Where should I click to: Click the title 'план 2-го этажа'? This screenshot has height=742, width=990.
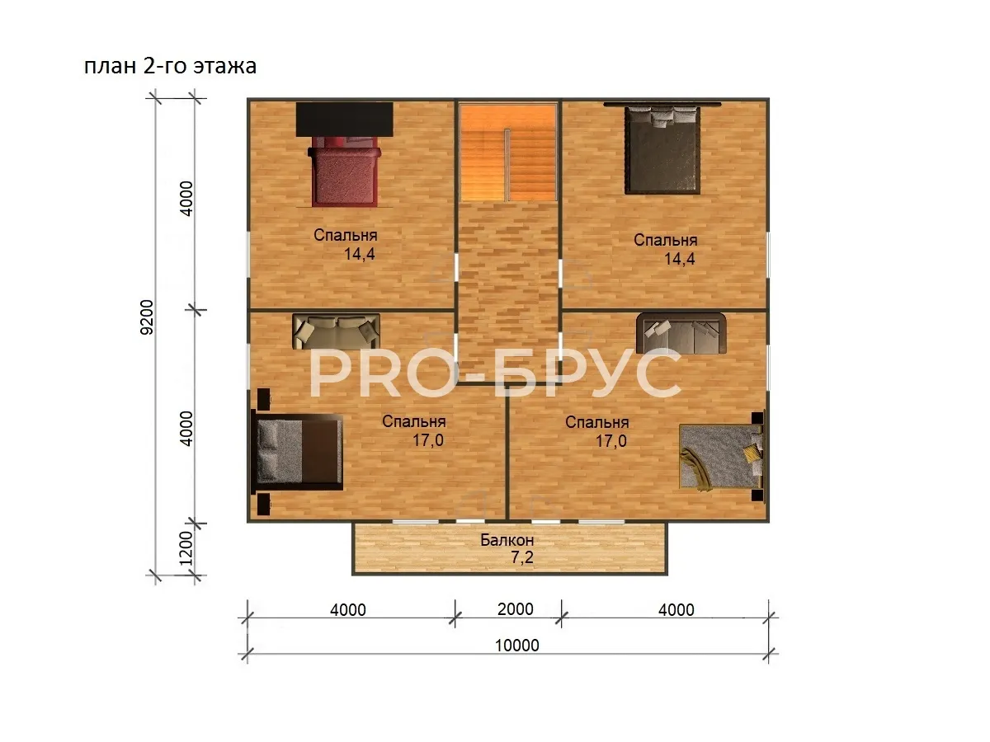click(171, 66)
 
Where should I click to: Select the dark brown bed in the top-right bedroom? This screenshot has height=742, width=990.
click(662, 150)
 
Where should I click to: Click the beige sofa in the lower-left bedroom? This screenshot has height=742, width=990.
click(336, 331)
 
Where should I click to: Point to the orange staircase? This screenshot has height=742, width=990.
click(508, 153)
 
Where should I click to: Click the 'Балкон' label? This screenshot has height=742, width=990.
click(507, 540)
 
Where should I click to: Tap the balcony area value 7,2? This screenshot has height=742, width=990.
click(522, 558)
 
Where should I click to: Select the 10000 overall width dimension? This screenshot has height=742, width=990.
click(517, 646)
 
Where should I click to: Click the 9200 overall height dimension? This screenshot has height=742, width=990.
click(147, 317)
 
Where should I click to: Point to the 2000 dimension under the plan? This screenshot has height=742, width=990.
click(516, 609)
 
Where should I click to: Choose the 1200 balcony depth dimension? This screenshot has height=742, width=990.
click(186, 548)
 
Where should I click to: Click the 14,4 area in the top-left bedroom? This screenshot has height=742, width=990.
click(360, 254)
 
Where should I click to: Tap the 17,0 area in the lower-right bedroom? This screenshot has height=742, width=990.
click(611, 440)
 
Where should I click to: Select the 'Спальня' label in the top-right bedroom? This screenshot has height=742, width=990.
click(665, 240)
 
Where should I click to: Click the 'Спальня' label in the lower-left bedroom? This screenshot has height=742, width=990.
click(413, 421)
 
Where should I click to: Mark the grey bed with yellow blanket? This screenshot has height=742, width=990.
click(722, 456)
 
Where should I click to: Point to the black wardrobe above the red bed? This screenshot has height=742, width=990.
click(345, 120)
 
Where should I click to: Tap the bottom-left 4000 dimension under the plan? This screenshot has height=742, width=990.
click(348, 610)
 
